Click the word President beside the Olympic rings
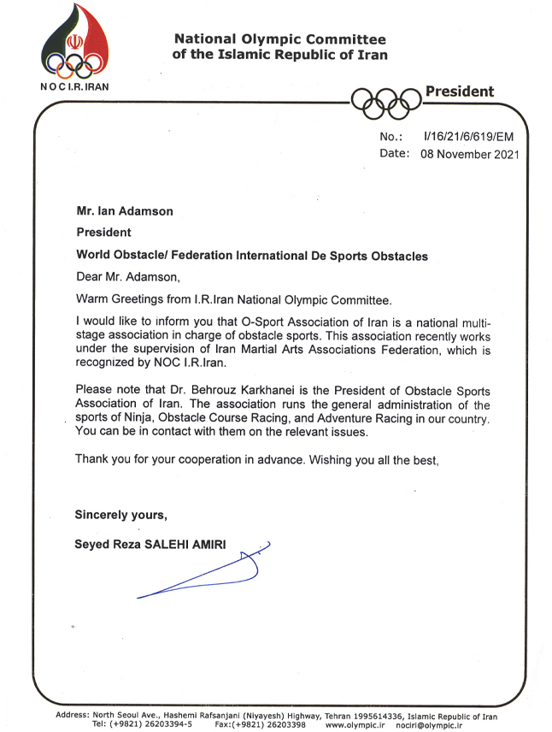click(460, 91)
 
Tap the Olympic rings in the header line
click(386, 102)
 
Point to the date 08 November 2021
click(469, 155)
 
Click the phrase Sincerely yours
click(120, 514)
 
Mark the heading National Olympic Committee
click(279, 39)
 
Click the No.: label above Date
click(391, 137)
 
